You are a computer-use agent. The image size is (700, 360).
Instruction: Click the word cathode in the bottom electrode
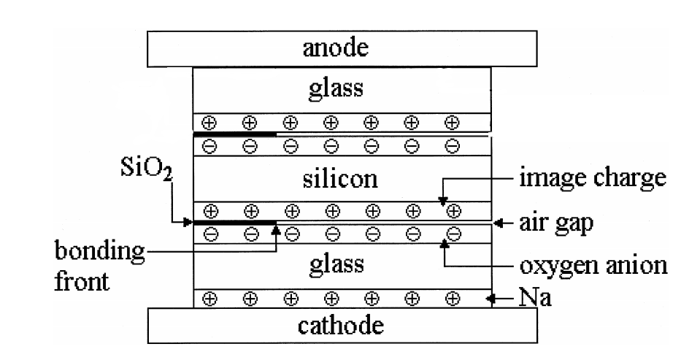(x=342, y=325)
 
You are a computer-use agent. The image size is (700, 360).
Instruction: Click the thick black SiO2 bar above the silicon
(x=235, y=134)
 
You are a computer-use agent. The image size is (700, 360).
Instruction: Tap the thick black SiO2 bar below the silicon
(x=235, y=222)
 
